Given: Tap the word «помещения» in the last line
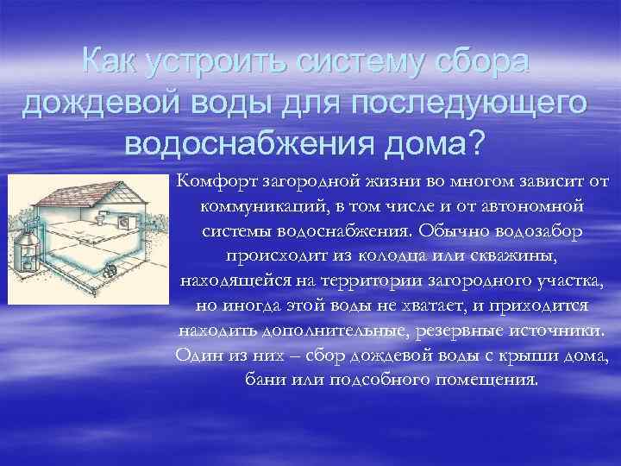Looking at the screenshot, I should tap(492, 381).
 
